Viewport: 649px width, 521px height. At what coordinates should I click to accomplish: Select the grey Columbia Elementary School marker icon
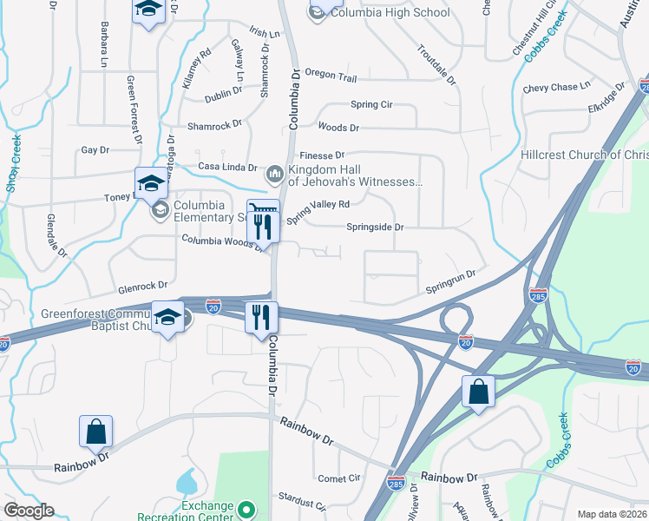(160, 209)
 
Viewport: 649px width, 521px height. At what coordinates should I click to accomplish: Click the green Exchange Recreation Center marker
(246, 510)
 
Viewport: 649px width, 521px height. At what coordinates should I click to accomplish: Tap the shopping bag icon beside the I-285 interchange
(478, 392)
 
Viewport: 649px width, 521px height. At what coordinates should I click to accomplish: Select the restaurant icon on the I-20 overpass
(261, 316)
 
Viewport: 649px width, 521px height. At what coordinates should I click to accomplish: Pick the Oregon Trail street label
(331, 78)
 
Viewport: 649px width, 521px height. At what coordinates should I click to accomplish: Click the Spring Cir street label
(371, 104)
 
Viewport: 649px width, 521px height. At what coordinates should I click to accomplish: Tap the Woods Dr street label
(338, 128)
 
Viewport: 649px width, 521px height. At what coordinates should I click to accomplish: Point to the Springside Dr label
(375, 228)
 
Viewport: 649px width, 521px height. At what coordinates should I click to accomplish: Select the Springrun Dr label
(450, 281)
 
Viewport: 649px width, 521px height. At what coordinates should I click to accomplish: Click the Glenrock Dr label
(142, 286)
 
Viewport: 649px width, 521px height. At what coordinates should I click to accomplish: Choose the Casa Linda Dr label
(228, 167)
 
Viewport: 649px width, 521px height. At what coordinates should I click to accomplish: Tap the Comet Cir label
(338, 478)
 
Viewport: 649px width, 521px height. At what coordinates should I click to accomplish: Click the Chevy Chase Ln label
(556, 88)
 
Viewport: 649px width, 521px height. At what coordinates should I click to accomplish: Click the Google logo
(29, 510)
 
